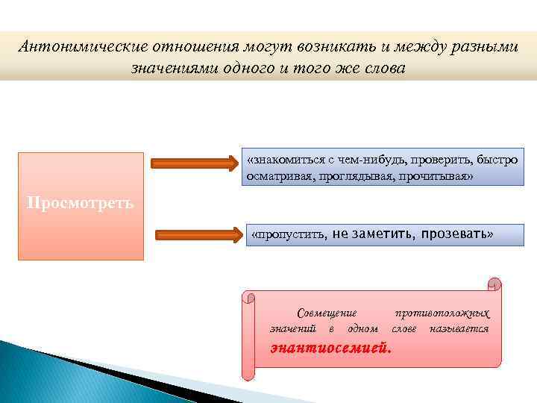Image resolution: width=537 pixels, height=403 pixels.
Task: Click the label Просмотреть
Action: [81, 203]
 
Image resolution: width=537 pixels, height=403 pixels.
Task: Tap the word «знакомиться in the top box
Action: [282, 160]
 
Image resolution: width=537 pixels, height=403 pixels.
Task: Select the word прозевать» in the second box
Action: [456, 234]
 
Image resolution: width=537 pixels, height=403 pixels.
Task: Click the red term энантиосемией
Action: [330, 347]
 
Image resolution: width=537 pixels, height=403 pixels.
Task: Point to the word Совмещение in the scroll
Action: [327, 313]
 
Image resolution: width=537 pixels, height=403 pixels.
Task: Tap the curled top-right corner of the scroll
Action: [494, 284]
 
